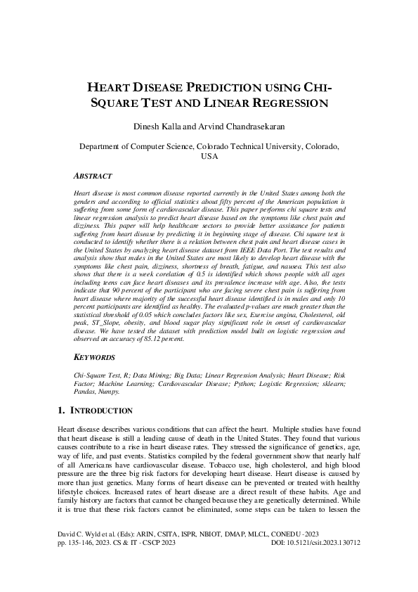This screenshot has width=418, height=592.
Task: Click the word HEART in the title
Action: [x=108, y=88]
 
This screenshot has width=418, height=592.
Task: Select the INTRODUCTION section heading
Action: [x=103, y=410]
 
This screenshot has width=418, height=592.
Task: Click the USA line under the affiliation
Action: [x=209, y=157]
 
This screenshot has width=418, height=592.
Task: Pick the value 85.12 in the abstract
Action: [x=160, y=340]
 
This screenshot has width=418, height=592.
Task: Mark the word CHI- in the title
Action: [x=316, y=88]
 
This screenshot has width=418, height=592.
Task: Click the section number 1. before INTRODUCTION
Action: [x=61, y=410]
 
